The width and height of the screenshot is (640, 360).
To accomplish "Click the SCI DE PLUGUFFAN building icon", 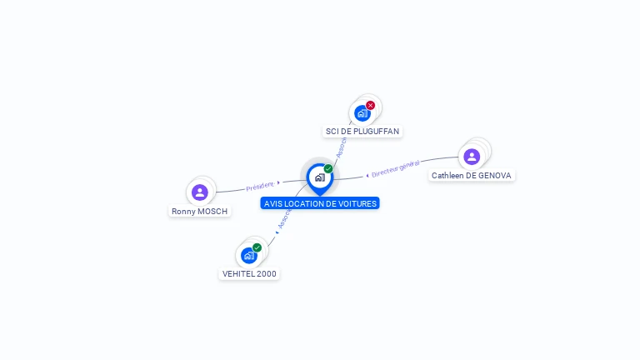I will [362, 112].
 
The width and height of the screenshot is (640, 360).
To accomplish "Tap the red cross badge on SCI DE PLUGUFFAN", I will [370, 105].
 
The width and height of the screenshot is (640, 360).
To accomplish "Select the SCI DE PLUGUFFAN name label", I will [362, 132].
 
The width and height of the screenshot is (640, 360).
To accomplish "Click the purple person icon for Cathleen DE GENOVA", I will [472, 157].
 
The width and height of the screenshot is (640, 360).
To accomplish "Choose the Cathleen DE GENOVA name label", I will [472, 176].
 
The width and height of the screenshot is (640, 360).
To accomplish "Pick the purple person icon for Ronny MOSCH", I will [199, 192].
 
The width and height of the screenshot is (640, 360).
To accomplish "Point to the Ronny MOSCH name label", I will [199, 212].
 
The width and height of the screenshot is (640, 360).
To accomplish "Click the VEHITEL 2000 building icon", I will [248, 255].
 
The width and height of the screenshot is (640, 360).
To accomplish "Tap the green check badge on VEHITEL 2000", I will [257, 247].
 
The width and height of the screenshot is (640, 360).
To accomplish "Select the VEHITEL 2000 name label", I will [249, 273].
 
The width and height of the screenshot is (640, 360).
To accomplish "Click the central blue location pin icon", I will [319, 177].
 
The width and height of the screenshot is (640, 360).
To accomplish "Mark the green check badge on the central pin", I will [328, 169].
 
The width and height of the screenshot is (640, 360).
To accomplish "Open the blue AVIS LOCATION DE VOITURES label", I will [320, 203].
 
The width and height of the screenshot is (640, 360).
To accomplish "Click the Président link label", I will [259, 186].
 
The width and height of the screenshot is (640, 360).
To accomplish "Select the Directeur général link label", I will [396, 169].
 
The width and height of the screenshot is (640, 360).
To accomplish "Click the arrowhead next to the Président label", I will [278, 182].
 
